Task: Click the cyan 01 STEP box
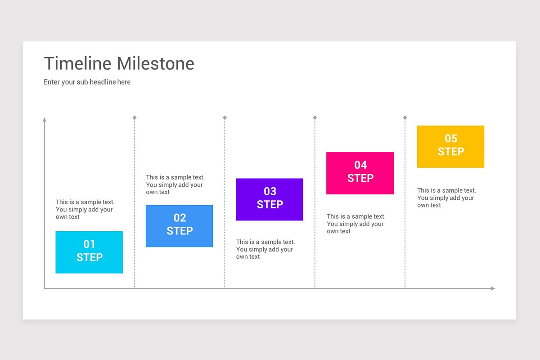point(89,252)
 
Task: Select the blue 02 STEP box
point(179,226)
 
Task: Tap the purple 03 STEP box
point(270,199)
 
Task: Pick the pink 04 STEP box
point(360,173)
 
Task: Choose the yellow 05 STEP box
point(450,147)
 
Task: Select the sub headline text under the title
point(87,82)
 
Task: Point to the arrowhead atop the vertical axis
point(44,120)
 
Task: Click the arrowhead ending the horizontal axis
point(493,288)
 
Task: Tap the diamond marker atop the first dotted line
point(135,117)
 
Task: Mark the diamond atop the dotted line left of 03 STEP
point(225,117)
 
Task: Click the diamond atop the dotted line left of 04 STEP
point(315,117)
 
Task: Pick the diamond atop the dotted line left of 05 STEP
point(405,117)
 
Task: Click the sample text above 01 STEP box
point(85,209)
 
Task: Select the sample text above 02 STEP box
point(175,184)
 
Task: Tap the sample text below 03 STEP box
point(265,249)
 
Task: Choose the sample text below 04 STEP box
point(356,224)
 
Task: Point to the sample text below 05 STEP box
point(446,198)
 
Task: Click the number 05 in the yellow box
point(451,139)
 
